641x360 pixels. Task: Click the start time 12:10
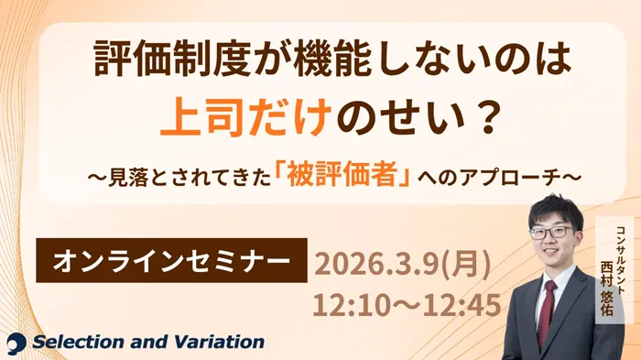pos(349,304)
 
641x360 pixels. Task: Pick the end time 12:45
pos(459,304)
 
